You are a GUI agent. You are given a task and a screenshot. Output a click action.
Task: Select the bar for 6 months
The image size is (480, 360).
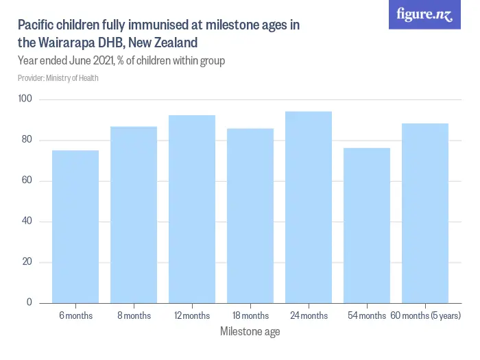(75, 226)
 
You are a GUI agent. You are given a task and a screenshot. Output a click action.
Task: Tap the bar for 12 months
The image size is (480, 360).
(192, 209)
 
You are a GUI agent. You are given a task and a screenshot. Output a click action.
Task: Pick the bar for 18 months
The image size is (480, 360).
(250, 215)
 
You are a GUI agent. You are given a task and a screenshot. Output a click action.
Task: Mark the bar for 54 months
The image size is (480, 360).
(367, 226)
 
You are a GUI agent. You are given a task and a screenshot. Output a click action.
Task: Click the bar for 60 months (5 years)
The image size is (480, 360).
(425, 213)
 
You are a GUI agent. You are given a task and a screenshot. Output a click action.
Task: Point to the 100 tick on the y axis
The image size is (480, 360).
(25, 100)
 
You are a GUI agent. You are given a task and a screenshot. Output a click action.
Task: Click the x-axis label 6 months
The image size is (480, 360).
(75, 316)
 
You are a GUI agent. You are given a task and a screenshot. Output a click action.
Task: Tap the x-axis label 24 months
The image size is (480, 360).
(309, 316)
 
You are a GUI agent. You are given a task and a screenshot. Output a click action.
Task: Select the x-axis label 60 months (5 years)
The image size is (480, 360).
(425, 316)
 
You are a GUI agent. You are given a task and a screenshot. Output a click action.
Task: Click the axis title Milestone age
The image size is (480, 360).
(250, 332)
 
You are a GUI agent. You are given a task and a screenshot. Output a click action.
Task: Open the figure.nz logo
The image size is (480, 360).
(424, 15)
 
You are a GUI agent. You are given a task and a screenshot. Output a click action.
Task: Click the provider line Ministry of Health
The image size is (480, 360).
(58, 78)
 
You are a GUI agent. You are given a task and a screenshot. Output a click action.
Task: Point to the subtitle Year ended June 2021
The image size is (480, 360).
(121, 61)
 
